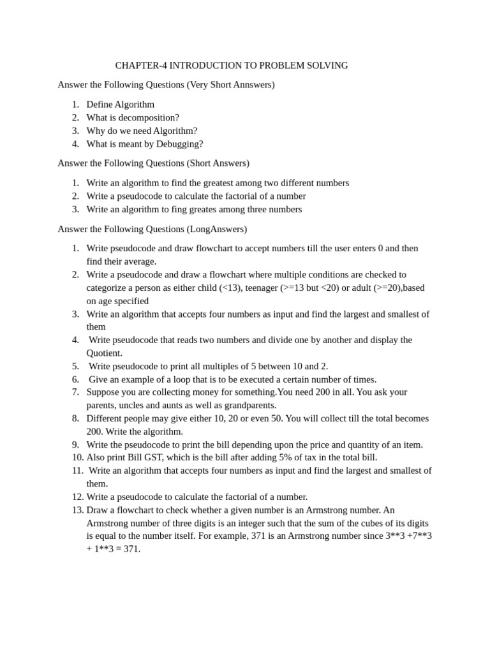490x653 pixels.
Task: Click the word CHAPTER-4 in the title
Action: coord(141,66)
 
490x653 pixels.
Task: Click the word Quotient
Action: coord(103,353)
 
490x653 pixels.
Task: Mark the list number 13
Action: coord(77,510)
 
